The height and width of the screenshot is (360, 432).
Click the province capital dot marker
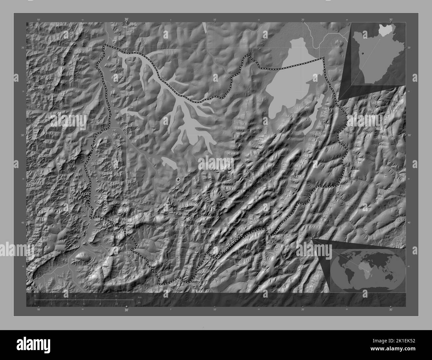coord(178,179)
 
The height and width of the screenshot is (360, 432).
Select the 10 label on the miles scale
coord(116,304)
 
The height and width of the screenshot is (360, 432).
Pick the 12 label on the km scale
coord(96,296)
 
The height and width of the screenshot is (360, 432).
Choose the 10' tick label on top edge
coord(215,20)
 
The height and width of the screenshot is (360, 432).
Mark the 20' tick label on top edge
coord(303,20)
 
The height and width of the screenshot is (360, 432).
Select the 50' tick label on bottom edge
coord(39,310)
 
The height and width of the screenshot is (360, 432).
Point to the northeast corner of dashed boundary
coord(324,58)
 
